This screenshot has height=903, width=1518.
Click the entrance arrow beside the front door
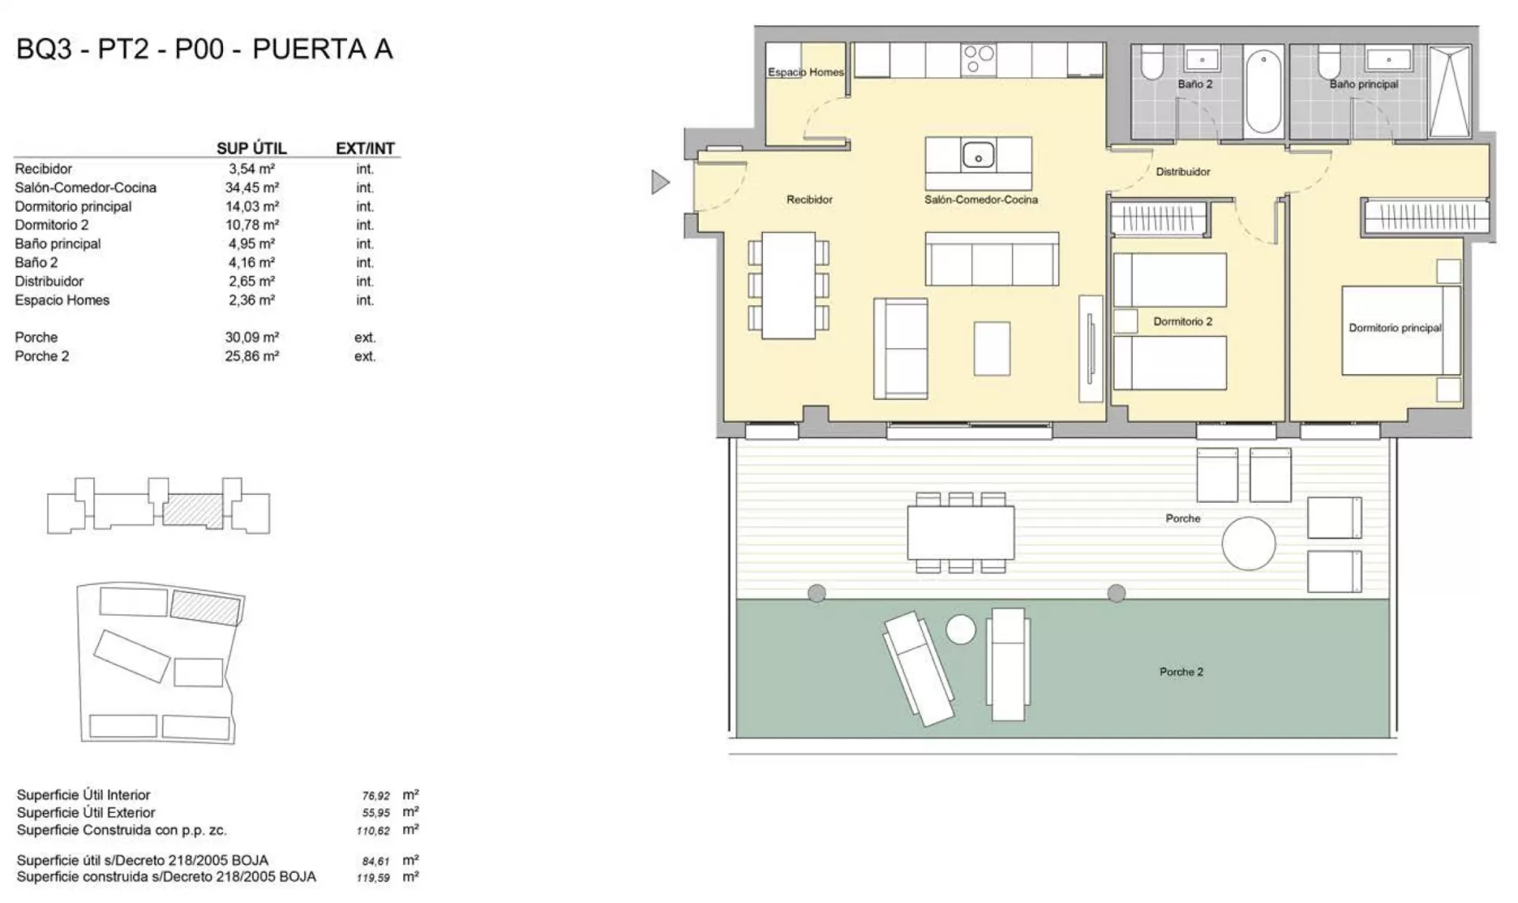[659, 183]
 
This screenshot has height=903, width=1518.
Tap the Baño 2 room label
[1195, 84]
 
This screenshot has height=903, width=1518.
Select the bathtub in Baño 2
[1263, 92]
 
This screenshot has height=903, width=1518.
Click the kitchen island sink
[978, 154]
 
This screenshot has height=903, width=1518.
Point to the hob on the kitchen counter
[979, 59]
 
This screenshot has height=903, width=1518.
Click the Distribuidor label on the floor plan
[1183, 172]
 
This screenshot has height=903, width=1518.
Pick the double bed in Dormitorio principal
[1400, 330]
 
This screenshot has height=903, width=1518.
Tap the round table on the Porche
[1248, 543]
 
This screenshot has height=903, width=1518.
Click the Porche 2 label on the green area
[1181, 672]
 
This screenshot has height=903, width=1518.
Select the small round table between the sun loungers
[961, 629]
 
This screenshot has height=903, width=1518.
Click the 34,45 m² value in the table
[251, 187]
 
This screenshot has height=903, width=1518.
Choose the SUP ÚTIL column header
[251, 149]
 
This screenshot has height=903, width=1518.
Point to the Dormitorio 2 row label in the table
[51, 225]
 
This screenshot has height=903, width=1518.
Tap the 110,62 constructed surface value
[373, 831]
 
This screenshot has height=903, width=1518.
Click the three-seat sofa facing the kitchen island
[992, 259]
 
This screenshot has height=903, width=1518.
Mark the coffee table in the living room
[991, 349]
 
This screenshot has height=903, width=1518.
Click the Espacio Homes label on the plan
[806, 72]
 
